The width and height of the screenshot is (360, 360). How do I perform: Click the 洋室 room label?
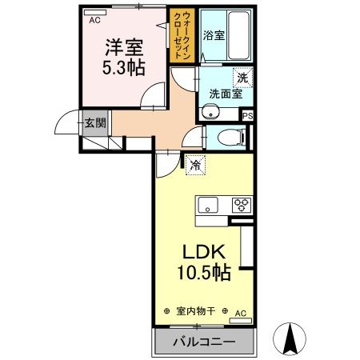[x=122, y=46]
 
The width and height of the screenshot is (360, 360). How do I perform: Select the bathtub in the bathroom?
[x=238, y=36]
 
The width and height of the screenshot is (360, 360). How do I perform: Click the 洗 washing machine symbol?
[x=241, y=78]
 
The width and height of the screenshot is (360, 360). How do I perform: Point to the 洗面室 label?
[x=223, y=94]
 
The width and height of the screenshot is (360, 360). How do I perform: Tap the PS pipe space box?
[x=248, y=115]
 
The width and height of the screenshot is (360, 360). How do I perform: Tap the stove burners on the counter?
[x=242, y=205]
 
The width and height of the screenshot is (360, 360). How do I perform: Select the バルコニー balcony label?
[x=204, y=342]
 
